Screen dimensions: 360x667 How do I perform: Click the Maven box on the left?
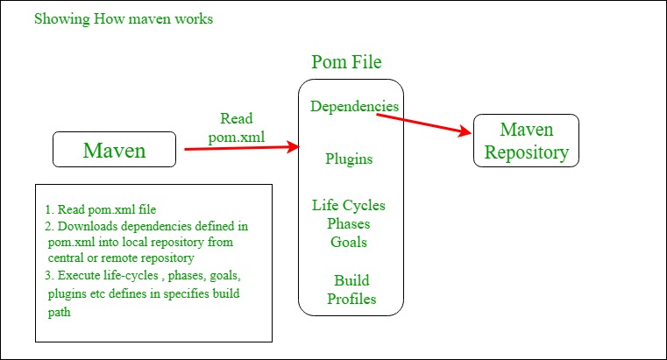pos(114,150)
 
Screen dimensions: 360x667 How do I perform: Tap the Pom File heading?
pos(346,62)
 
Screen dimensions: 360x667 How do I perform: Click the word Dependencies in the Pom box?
pos(354,106)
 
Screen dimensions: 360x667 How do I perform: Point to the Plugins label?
pos(349,159)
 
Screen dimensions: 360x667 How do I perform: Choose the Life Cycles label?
pos(349,206)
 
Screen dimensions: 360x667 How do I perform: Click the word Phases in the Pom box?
pos(349,223)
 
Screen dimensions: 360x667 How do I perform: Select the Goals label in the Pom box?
pos(349,242)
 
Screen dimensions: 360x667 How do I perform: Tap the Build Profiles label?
pos(351,290)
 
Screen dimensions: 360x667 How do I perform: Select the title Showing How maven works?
pos(123,18)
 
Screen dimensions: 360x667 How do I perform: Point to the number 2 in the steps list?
pos(48,226)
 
